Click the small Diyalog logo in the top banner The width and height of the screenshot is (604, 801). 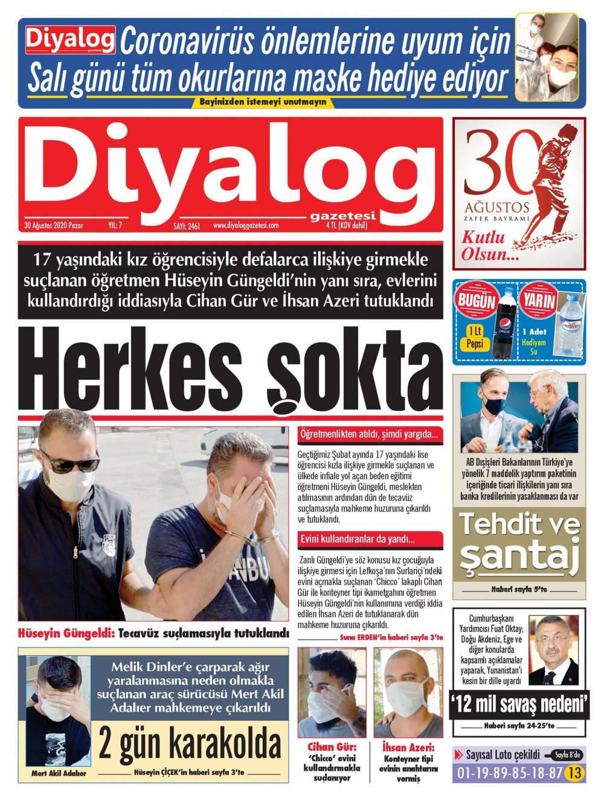click(x=70, y=40)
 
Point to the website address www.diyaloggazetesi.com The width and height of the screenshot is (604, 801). click(x=245, y=225)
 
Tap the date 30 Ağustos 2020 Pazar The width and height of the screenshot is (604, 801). click(x=54, y=225)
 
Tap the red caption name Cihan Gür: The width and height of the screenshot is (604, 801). click(x=332, y=747)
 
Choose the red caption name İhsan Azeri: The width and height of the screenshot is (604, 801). click(x=408, y=747)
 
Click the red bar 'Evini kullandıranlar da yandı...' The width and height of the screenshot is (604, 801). click(x=370, y=539)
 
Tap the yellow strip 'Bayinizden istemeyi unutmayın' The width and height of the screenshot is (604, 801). click(x=263, y=101)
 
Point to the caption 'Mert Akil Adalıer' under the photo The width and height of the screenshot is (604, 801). click(x=59, y=773)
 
